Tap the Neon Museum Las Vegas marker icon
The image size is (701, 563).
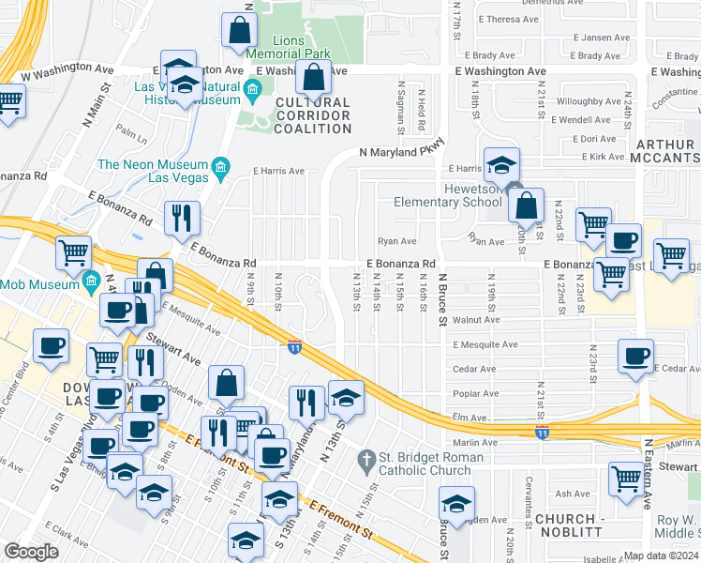tap(220, 169)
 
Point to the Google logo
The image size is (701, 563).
tap(31, 551)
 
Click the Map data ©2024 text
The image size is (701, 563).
tap(660, 555)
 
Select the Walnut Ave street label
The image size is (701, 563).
tap(476, 320)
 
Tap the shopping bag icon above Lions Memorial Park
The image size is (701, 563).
tap(240, 29)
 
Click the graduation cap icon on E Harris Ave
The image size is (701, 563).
tap(501, 165)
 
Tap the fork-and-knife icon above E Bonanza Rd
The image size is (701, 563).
tap(182, 217)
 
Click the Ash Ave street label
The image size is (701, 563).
tap(572, 494)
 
